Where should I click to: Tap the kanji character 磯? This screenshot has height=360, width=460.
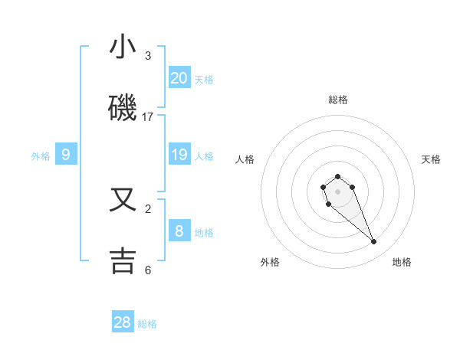point(123,110)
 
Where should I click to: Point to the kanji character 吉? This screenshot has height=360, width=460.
point(123,260)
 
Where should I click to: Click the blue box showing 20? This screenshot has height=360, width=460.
point(179,78)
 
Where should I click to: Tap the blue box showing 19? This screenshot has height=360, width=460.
point(179,155)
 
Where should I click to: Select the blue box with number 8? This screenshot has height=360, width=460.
point(179,231)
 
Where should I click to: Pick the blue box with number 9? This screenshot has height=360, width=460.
point(66,155)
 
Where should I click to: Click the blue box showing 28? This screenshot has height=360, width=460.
point(123,322)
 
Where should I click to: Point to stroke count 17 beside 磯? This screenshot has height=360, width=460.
point(148,117)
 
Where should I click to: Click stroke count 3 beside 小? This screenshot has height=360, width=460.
point(148,56)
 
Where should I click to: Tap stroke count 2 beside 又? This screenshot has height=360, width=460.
point(148,208)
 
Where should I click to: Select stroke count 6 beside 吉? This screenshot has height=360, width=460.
point(148,270)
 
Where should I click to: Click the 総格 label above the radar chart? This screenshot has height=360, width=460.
point(338,100)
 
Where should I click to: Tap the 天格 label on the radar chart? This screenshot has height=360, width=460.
point(431,159)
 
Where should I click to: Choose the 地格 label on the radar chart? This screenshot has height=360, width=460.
point(402,262)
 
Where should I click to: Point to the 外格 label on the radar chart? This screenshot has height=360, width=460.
point(270,262)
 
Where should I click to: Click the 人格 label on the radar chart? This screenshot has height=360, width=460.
point(245,159)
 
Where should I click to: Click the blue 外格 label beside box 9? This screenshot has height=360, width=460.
point(41,156)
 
